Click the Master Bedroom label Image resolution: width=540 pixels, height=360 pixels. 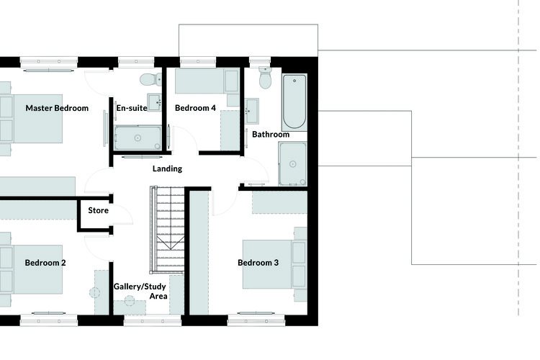[57, 108]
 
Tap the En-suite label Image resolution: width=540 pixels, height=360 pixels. [132, 108]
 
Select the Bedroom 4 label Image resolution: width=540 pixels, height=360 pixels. [195, 108]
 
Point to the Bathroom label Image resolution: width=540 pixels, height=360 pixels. [271, 135]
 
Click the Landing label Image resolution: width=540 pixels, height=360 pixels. [167, 168]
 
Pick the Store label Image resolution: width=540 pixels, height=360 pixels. [98, 210]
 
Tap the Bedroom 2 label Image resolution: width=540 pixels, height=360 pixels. [45, 263]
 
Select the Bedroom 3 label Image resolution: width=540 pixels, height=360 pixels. [258, 263]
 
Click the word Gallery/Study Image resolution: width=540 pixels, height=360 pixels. [140, 287]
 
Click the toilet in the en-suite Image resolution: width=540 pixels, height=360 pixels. [151, 80]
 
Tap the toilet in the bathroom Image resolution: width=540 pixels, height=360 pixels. [265, 78]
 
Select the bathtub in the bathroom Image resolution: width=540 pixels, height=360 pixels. [294, 102]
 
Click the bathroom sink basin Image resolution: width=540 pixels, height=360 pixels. [252, 111]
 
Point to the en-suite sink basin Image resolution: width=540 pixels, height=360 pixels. [155, 102]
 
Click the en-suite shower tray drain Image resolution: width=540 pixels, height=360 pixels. [138, 138]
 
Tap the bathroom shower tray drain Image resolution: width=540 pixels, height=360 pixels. [293, 164]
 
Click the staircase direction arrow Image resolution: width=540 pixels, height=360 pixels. [171, 243]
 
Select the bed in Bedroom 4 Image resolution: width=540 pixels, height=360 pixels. [207, 81]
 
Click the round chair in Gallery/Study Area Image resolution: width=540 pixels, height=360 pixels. [130, 301]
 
